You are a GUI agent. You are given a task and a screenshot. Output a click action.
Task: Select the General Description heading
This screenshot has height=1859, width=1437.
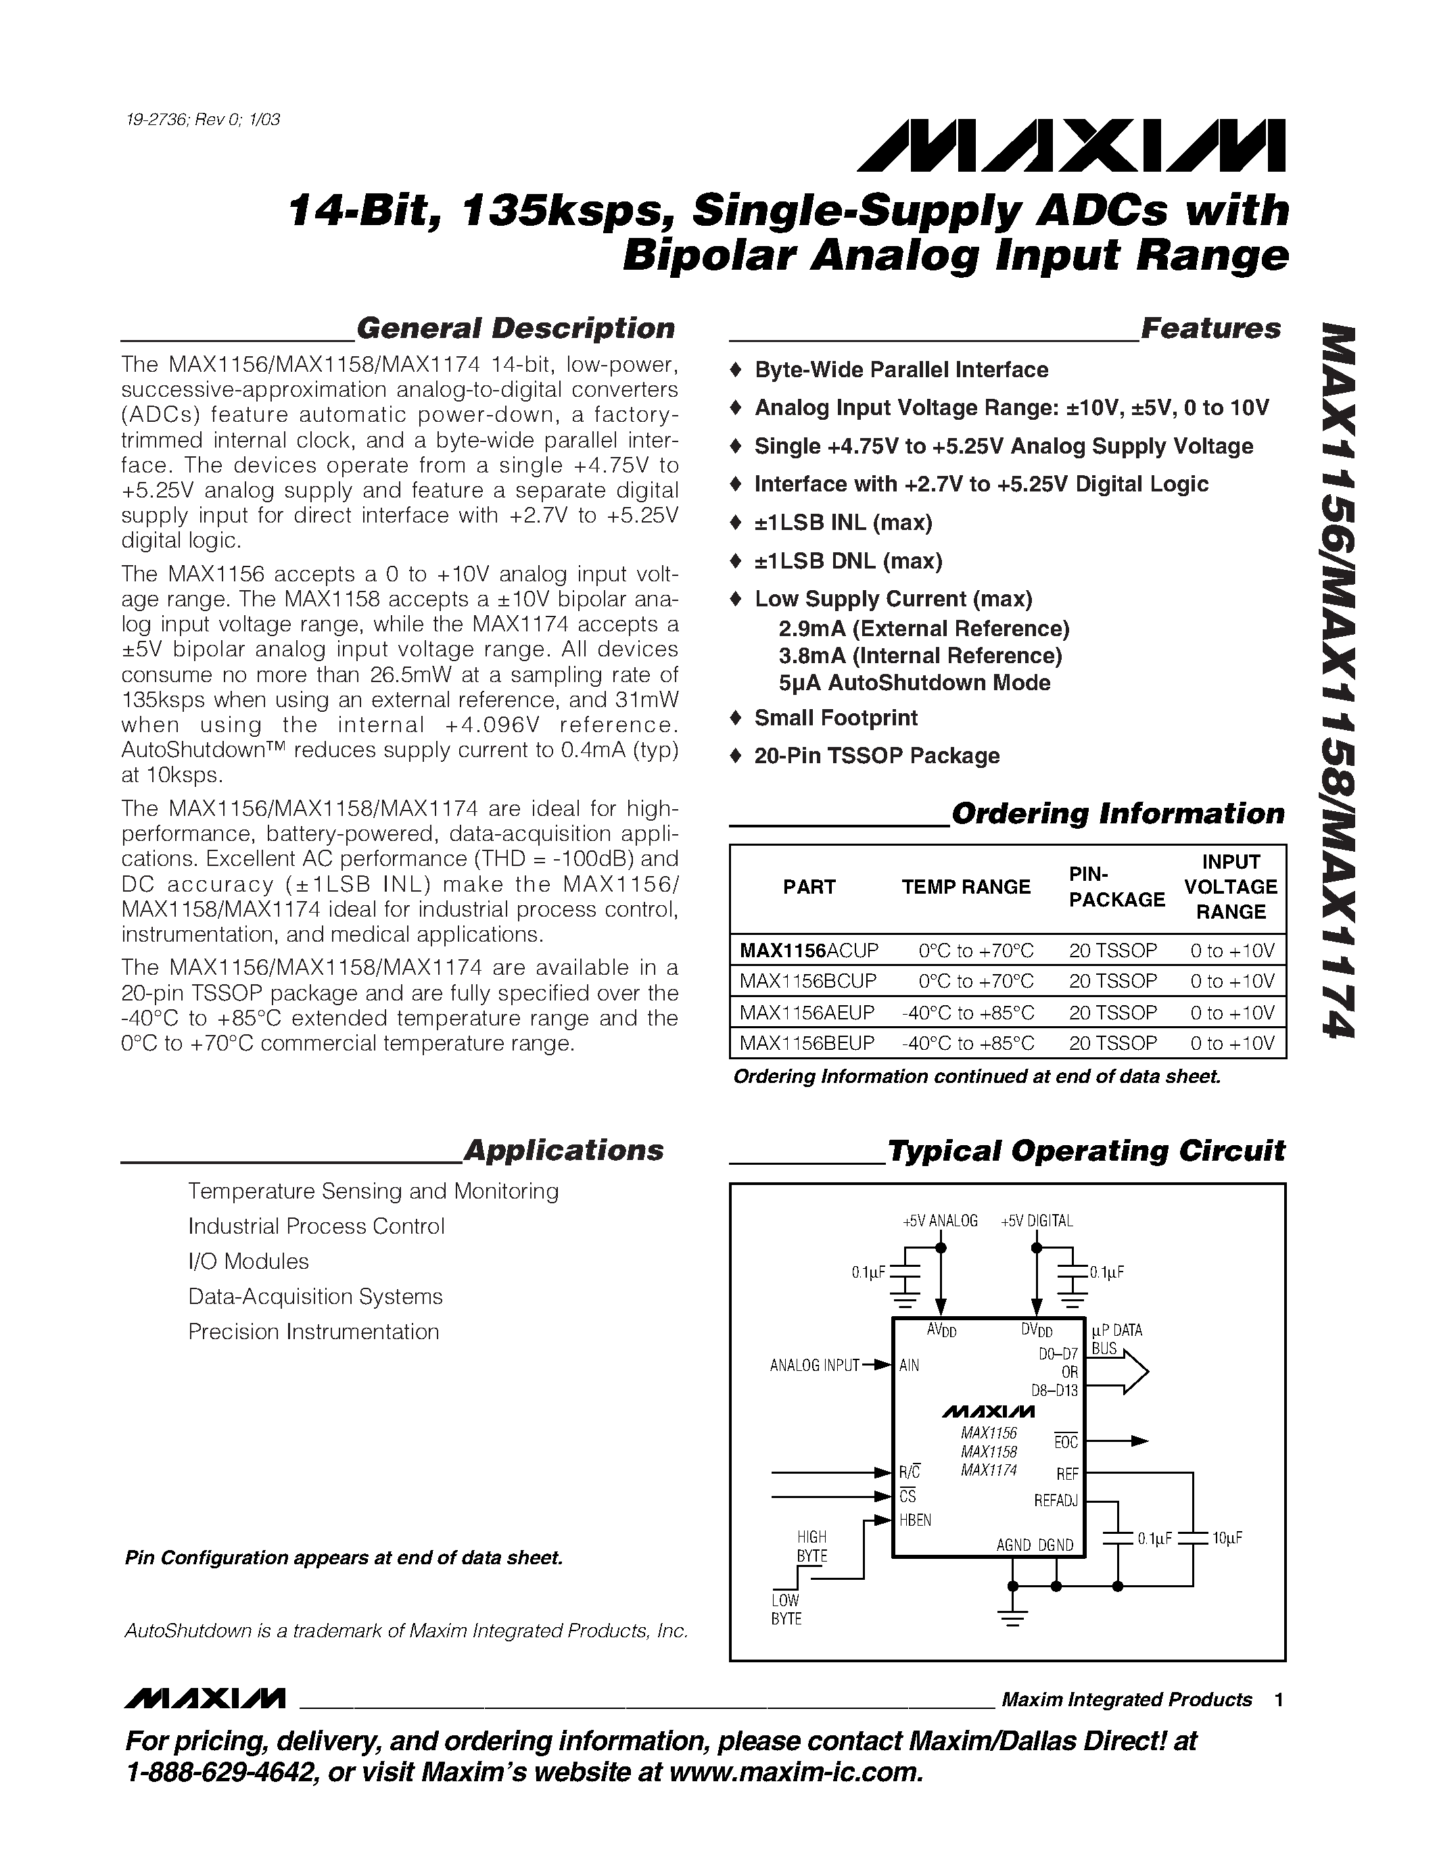click(515, 329)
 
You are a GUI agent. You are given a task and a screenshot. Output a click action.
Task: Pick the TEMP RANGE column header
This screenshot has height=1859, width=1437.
click(966, 887)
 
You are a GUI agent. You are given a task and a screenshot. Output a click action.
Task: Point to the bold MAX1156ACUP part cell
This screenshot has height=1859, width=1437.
click(808, 950)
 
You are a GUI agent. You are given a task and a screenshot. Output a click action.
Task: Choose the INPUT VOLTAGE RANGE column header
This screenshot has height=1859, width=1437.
click(1230, 887)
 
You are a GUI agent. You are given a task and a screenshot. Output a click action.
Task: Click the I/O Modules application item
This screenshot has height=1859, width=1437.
click(249, 1261)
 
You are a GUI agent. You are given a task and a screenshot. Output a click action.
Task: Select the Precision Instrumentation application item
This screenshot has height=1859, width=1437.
click(313, 1331)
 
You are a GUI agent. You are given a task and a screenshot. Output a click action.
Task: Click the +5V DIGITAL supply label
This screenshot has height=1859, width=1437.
click(1036, 1221)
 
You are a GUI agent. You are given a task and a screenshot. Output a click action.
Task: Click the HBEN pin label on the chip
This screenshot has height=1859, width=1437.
click(915, 1520)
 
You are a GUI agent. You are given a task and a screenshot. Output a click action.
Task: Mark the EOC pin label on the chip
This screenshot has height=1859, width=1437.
click(1066, 1442)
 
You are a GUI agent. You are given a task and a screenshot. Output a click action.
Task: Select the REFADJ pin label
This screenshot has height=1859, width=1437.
click(1056, 1501)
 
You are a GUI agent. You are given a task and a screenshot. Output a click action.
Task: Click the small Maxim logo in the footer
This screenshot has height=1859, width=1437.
click(204, 1699)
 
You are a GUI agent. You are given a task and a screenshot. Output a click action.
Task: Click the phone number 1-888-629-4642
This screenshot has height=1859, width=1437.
click(220, 1773)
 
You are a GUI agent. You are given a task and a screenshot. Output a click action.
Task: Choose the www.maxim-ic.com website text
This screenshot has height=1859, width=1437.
click(796, 1773)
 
